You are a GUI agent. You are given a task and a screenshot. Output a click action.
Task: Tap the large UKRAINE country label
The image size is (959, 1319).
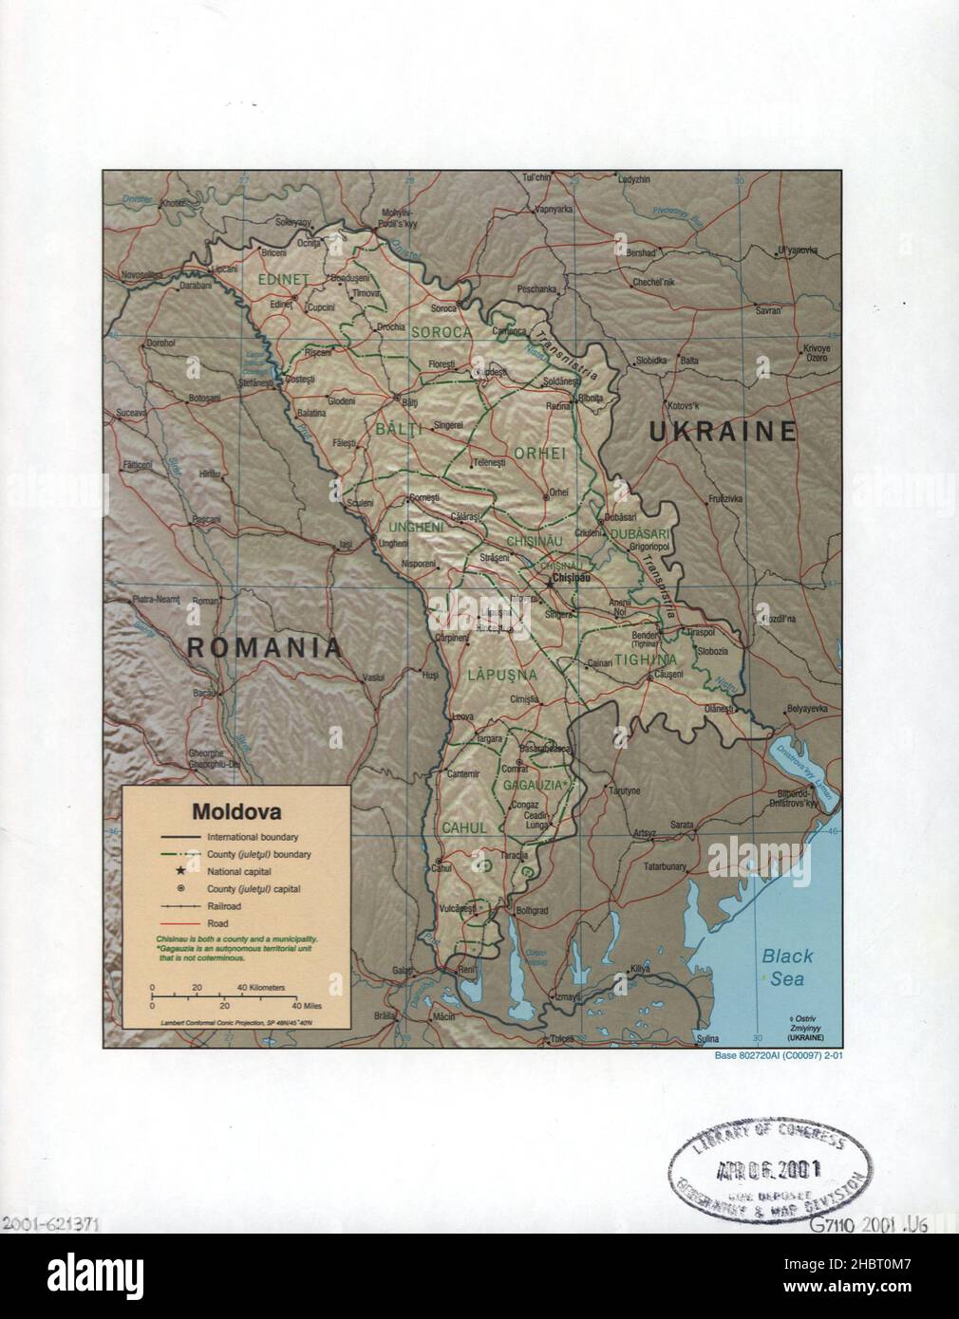(724, 433)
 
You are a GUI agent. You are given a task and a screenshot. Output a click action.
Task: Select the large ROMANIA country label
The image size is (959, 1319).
(264, 648)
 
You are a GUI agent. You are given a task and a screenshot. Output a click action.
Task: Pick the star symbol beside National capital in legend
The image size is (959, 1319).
(179, 871)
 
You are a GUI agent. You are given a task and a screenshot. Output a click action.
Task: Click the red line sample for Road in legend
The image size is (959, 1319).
(179, 922)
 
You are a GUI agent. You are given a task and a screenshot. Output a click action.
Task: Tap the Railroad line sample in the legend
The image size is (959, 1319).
(179, 906)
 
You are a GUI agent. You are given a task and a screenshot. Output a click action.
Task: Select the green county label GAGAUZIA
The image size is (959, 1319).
(536, 786)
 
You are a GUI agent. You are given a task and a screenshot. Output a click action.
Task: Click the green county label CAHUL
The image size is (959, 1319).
(464, 827)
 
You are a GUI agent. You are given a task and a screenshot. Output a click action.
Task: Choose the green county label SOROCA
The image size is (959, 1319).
(441, 332)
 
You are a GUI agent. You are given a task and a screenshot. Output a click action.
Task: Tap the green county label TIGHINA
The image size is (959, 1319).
(645, 659)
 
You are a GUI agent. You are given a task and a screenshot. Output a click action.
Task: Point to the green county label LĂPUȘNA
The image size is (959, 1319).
(502, 675)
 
